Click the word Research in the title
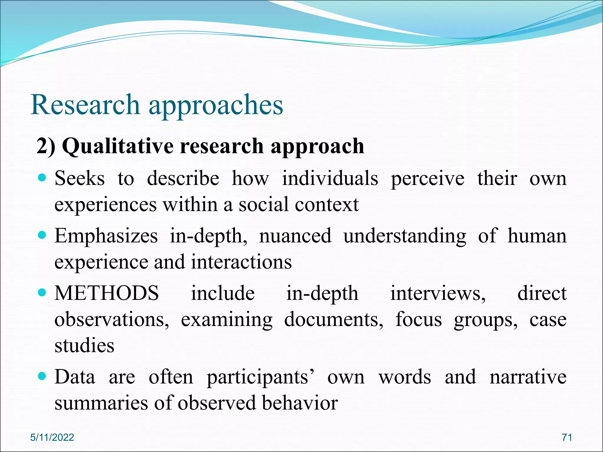point(85,105)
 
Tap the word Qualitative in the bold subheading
point(118,146)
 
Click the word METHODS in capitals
point(107,293)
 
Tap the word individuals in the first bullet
point(330,179)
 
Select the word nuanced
point(295,236)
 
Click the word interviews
point(438,293)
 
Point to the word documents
point(333,320)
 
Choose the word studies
point(85,345)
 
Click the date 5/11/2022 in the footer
point(52,437)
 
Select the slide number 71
point(567,437)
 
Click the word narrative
point(528,377)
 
